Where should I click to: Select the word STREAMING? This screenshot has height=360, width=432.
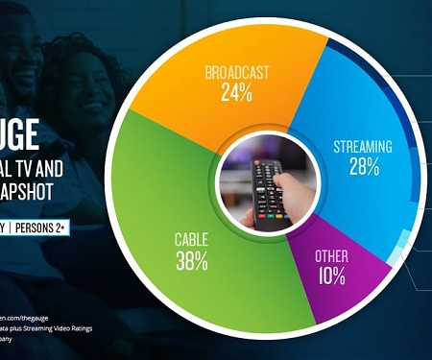pyautogui.click(x=362, y=147)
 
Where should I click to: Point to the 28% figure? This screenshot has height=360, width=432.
pyautogui.click(x=364, y=168)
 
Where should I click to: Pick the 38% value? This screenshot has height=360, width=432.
pyautogui.click(x=192, y=261)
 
